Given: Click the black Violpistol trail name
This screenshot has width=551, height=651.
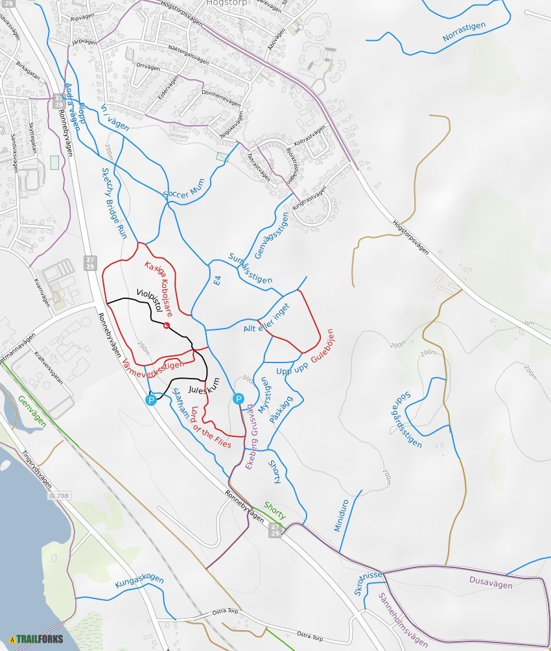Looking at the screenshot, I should (x=148, y=300).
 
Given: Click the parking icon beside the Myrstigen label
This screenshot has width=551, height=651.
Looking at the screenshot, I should (x=239, y=399).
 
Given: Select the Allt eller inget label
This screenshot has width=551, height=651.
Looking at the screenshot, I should (x=266, y=320).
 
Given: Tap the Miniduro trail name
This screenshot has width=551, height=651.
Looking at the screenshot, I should (x=342, y=515).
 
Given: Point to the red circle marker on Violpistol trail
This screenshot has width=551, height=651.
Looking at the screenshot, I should (x=167, y=325).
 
